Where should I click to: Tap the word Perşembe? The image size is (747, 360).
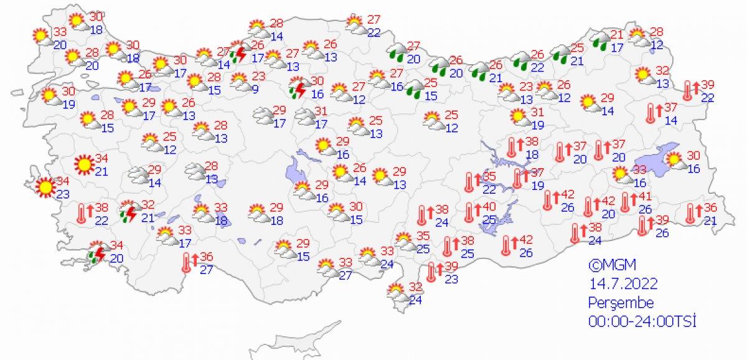621,303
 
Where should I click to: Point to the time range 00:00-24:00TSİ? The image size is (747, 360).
642,321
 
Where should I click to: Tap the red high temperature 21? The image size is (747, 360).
617,34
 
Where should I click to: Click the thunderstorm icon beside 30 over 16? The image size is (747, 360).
298,89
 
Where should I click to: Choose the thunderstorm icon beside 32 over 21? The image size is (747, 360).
129,212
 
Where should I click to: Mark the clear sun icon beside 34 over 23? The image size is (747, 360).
45,187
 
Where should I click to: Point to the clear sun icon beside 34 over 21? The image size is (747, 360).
83,164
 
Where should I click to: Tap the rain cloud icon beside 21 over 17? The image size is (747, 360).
601,40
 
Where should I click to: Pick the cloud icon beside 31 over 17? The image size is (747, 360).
305,116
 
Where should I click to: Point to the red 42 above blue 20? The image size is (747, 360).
608,201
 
